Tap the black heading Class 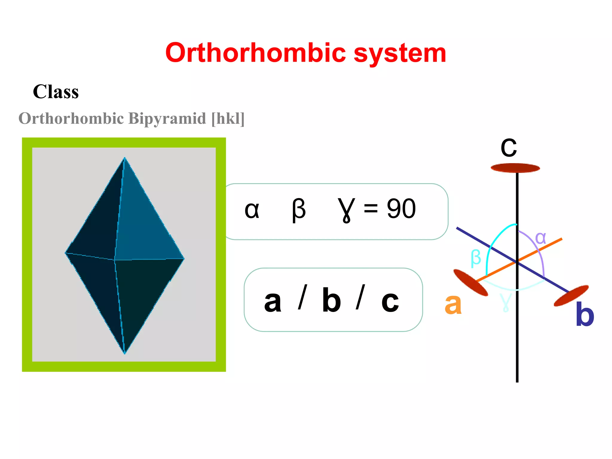56,92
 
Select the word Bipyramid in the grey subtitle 167,118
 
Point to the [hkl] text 228,119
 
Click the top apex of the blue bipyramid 125,158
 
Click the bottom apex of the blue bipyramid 125,354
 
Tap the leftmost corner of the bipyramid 66,253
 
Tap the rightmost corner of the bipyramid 183,258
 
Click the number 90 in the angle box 401,209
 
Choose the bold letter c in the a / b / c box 390,302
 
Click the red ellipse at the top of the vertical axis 515,168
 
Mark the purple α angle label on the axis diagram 541,238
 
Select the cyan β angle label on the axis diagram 476,258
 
